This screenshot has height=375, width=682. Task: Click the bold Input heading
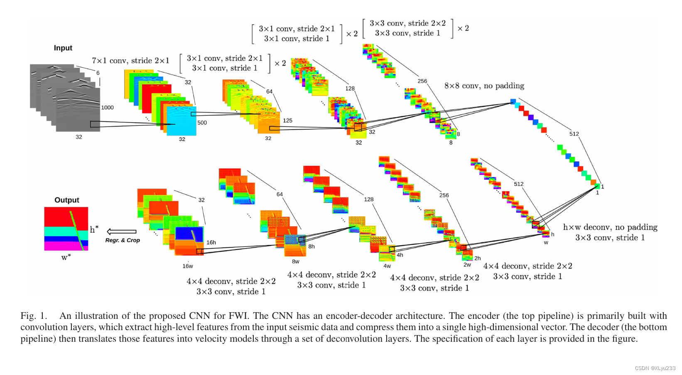pyautogui.click(x=63, y=48)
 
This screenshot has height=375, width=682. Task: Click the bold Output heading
pyautogui.click(x=66, y=200)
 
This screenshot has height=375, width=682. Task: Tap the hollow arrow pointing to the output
pyautogui.click(x=121, y=232)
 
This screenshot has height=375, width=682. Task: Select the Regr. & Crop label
pyautogui.click(x=123, y=240)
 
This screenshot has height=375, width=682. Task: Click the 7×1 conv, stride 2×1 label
pyautogui.click(x=130, y=61)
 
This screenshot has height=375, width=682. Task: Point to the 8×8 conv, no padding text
pyautogui.click(x=484, y=86)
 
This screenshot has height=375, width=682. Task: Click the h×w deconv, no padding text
pyautogui.click(x=610, y=227)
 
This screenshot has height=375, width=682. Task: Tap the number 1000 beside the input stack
pyautogui.click(x=107, y=107)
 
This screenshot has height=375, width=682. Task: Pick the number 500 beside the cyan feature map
pyautogui.click(x=202, y=123)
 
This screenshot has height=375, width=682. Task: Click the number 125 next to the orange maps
pyautogui.click(x=287, y=121)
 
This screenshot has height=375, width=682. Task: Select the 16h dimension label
pyautogui.click(x=211, y=242)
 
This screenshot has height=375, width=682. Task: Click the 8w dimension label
pyautogui.click(x=295, y=262)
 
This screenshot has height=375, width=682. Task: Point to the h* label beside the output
pyautogui.click(x=94, y=229)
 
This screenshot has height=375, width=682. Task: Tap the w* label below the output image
pyautogui.click(x=66, y=257)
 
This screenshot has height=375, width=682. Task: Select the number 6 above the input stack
pyautogui.click(x=98, y=73)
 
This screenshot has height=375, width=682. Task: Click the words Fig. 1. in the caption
pyautogui.click(x=34, y=316)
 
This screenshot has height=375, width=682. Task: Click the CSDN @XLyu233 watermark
pyautogui.click(x=655, y=368)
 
